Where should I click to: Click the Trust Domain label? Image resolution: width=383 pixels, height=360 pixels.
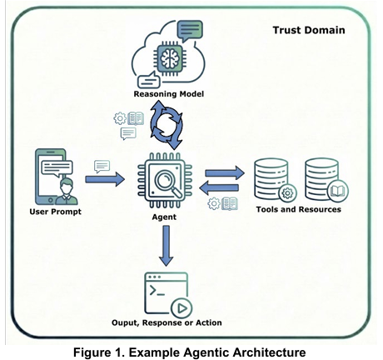[x=309, y=30]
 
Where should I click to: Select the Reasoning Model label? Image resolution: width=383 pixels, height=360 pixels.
[x=169, y=94]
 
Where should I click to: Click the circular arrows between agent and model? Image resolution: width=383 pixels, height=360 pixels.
[x=167, y=125]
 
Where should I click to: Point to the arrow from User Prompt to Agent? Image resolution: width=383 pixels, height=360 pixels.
[x=105, y=179]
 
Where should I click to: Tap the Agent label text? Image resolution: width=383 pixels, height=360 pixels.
[x=164, y=217]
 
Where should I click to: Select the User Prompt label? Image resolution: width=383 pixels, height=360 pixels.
[x=56, y=212]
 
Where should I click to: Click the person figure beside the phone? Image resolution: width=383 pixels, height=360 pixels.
[x=67, y=192]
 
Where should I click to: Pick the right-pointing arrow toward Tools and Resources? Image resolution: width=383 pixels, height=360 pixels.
[x=225, y=173]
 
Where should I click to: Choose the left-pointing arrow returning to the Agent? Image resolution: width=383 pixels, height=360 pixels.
[x=219, y=187]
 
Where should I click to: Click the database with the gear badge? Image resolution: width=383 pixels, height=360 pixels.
[x=275, y=180]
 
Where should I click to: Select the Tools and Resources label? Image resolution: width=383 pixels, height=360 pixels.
[x=299, y=209]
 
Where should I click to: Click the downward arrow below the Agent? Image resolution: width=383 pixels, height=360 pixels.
[x=166, y=246]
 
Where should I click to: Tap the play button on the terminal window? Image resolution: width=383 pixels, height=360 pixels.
[x=182, y=308]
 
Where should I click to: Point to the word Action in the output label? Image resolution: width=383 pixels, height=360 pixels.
[x=209, y=322]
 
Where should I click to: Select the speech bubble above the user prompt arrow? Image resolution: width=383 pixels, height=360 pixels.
[x=102, y=167]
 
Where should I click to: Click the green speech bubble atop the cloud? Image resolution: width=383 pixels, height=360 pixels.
[x=190, y=30]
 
